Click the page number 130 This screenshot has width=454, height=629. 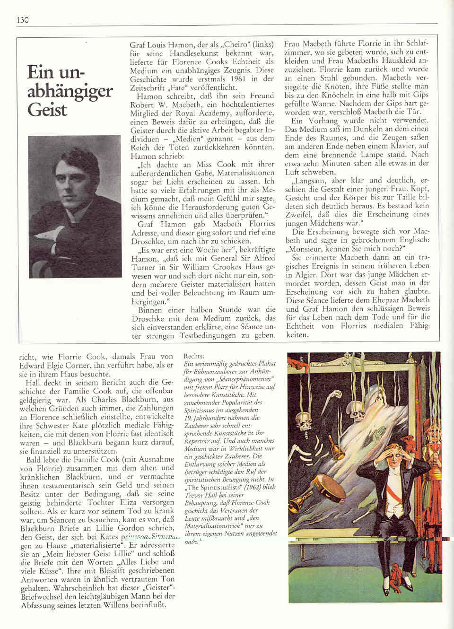23,20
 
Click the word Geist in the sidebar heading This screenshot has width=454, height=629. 47,110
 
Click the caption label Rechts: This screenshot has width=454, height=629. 193,356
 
